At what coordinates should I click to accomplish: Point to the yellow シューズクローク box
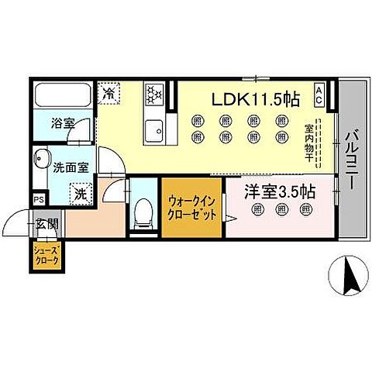tap(46, 254)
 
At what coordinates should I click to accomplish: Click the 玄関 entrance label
tap(46, 224)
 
